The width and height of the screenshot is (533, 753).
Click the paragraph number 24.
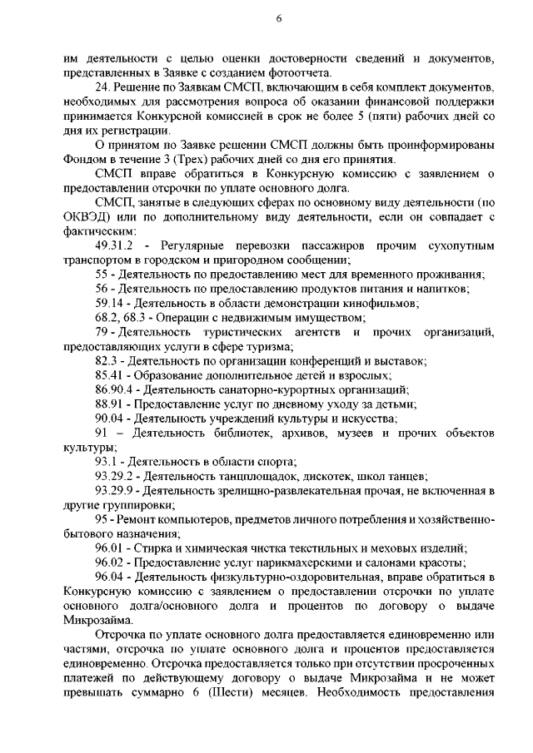(x=102, y=87)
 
